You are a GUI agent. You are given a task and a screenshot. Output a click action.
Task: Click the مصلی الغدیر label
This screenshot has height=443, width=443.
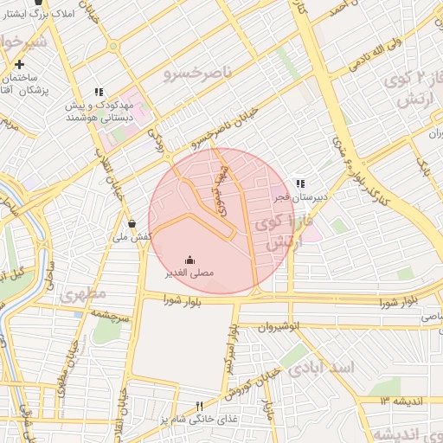click(190, 273)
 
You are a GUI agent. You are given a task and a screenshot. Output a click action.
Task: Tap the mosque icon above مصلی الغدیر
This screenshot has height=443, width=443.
click(190, 260)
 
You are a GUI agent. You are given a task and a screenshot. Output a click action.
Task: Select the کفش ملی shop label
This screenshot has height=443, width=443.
click(132, 236)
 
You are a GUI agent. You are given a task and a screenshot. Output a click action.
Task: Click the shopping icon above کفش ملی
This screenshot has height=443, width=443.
click(132, 223)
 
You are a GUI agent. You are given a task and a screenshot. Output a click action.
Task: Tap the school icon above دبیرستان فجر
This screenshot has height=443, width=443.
click(300, 183)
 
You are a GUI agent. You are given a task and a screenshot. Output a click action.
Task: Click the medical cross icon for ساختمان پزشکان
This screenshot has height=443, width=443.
click(19, 64)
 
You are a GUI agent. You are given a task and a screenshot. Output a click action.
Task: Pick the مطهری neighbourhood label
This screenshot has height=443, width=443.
click(84, 294)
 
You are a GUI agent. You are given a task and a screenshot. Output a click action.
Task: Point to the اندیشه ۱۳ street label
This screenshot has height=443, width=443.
click(398, 400)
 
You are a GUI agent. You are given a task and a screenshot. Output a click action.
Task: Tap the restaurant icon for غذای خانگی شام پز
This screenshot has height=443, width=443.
click(200, 406)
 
